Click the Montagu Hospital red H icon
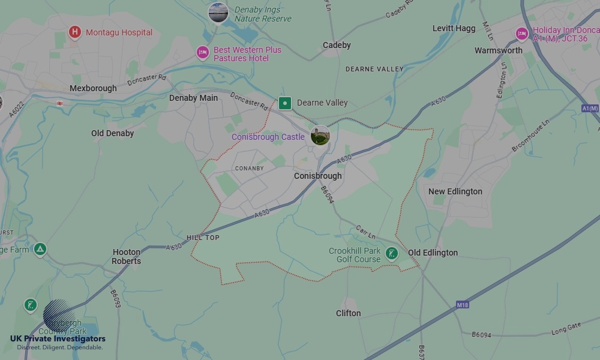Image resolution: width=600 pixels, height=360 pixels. (x=74, y=32)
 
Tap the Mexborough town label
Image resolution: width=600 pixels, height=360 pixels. (x=93, y=88)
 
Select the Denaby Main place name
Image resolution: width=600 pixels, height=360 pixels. (x=193, y=98)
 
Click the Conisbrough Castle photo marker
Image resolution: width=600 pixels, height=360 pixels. (x=320, y=136)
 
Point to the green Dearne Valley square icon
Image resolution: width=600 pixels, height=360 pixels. (x=285, y=103)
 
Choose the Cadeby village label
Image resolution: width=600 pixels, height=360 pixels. (x=337, y=45)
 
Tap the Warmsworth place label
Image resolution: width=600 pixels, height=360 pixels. (x=499, y=50)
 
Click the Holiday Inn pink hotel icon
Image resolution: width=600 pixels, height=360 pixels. (x=522, y=34)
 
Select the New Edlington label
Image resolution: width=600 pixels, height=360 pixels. (x=455, y=191)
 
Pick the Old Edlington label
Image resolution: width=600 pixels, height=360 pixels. (x=433, y=253)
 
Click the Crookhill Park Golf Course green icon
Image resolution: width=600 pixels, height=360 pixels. (x=392, y=254)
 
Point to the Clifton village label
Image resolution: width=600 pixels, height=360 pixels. (x=348, y=313)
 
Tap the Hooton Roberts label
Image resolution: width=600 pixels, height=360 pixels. (x=127, y=257)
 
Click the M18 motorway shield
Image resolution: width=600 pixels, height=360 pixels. (x=462, y=305)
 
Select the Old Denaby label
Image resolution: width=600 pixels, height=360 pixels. (x=113, y=133)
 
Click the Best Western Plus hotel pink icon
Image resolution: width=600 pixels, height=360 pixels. (x=203, y=53)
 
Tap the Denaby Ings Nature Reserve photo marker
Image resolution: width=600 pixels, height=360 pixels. (x=218, y=13)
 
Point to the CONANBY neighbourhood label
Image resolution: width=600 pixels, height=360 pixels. (x=249, y=168)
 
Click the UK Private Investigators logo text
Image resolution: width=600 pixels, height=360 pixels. (x=58, y=339)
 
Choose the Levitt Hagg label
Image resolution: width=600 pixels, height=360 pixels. (x=454, y=28)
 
